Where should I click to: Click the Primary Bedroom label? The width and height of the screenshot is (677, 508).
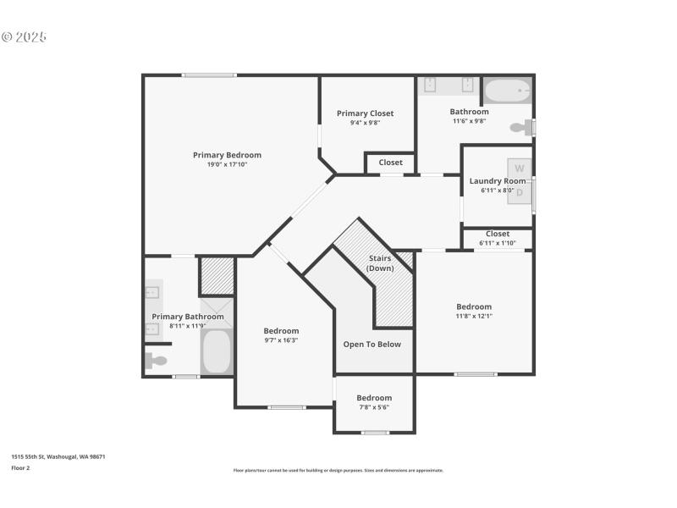227,155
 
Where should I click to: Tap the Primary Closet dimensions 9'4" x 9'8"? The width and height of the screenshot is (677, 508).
365,123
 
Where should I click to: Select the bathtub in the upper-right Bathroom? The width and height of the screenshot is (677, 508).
507,89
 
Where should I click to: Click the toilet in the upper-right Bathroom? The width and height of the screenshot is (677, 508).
520,128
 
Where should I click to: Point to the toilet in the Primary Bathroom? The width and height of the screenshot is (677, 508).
156,361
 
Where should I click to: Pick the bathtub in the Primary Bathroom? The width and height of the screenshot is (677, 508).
217,351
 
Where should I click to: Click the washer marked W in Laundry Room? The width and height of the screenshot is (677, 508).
520,168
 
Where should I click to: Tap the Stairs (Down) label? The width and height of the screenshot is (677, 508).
380,262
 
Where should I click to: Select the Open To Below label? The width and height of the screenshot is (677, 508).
372,345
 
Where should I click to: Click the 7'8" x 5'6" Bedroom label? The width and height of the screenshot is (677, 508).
373,398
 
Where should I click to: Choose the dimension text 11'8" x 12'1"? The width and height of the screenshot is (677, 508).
474,316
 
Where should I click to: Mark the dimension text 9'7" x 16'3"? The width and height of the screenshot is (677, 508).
280,340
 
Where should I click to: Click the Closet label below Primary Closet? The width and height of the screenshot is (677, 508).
390,163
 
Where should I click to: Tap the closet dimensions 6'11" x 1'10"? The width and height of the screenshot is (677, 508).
497,243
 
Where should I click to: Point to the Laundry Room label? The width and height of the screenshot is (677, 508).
497,180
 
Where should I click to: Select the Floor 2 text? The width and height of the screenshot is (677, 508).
20,467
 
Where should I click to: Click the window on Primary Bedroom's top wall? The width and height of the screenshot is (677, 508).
209,75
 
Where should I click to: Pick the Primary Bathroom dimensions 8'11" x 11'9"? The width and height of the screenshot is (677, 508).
188,326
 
